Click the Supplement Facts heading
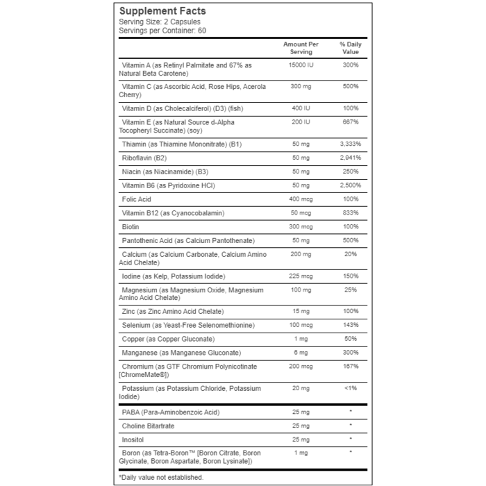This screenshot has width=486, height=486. [162, 11]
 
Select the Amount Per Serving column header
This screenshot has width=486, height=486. [301, 48]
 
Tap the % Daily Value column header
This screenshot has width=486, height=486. [351, 48]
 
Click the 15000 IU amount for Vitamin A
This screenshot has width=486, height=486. [301, 65]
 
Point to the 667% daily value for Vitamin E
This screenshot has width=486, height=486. [351, 122]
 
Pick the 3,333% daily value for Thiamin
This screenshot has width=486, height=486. [351, 144]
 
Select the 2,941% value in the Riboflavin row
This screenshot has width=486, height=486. [351, 158]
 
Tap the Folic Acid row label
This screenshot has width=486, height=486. [136, 199]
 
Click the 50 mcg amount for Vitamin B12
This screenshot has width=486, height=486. [301, 213]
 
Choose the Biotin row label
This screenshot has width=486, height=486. [131, 227]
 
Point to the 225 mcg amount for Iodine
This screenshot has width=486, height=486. [301, 276]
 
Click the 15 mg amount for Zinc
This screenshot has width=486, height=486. [301, 311]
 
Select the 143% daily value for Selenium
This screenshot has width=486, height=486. [351, 325]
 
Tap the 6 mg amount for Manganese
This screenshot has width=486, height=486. [301, 353]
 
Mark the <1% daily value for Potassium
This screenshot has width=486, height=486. [351, 388]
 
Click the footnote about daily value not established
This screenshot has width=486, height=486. [161, 477]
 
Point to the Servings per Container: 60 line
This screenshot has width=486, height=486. [162, 31]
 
